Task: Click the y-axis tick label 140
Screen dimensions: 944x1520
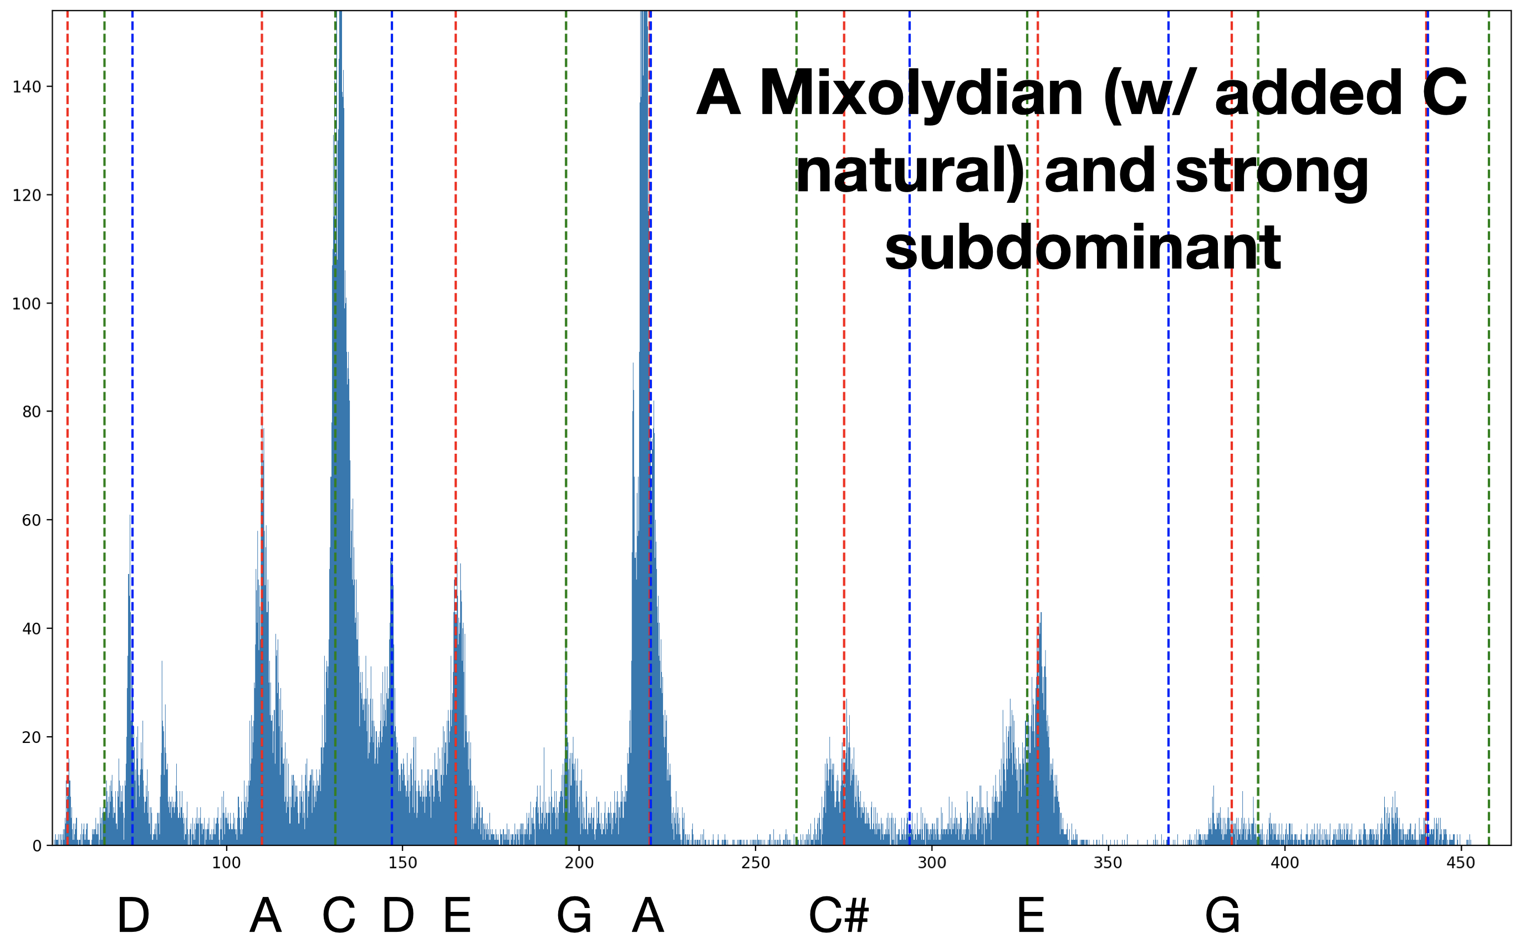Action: pos(26,87)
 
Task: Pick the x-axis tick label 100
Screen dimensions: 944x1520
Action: pos(226,864)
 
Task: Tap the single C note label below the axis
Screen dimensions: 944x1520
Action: pos(339,915)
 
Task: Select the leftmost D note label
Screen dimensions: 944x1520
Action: pos(133,915)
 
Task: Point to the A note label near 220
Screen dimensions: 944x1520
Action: pos(647,915)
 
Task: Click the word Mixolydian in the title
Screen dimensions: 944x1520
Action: pos(921,94)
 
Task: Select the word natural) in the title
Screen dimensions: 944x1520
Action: pos(910,171)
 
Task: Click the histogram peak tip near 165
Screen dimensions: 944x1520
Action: pos(456,550)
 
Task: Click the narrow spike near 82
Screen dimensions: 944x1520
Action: pos(162,662)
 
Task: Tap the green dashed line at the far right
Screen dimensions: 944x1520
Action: pos(1489,437)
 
